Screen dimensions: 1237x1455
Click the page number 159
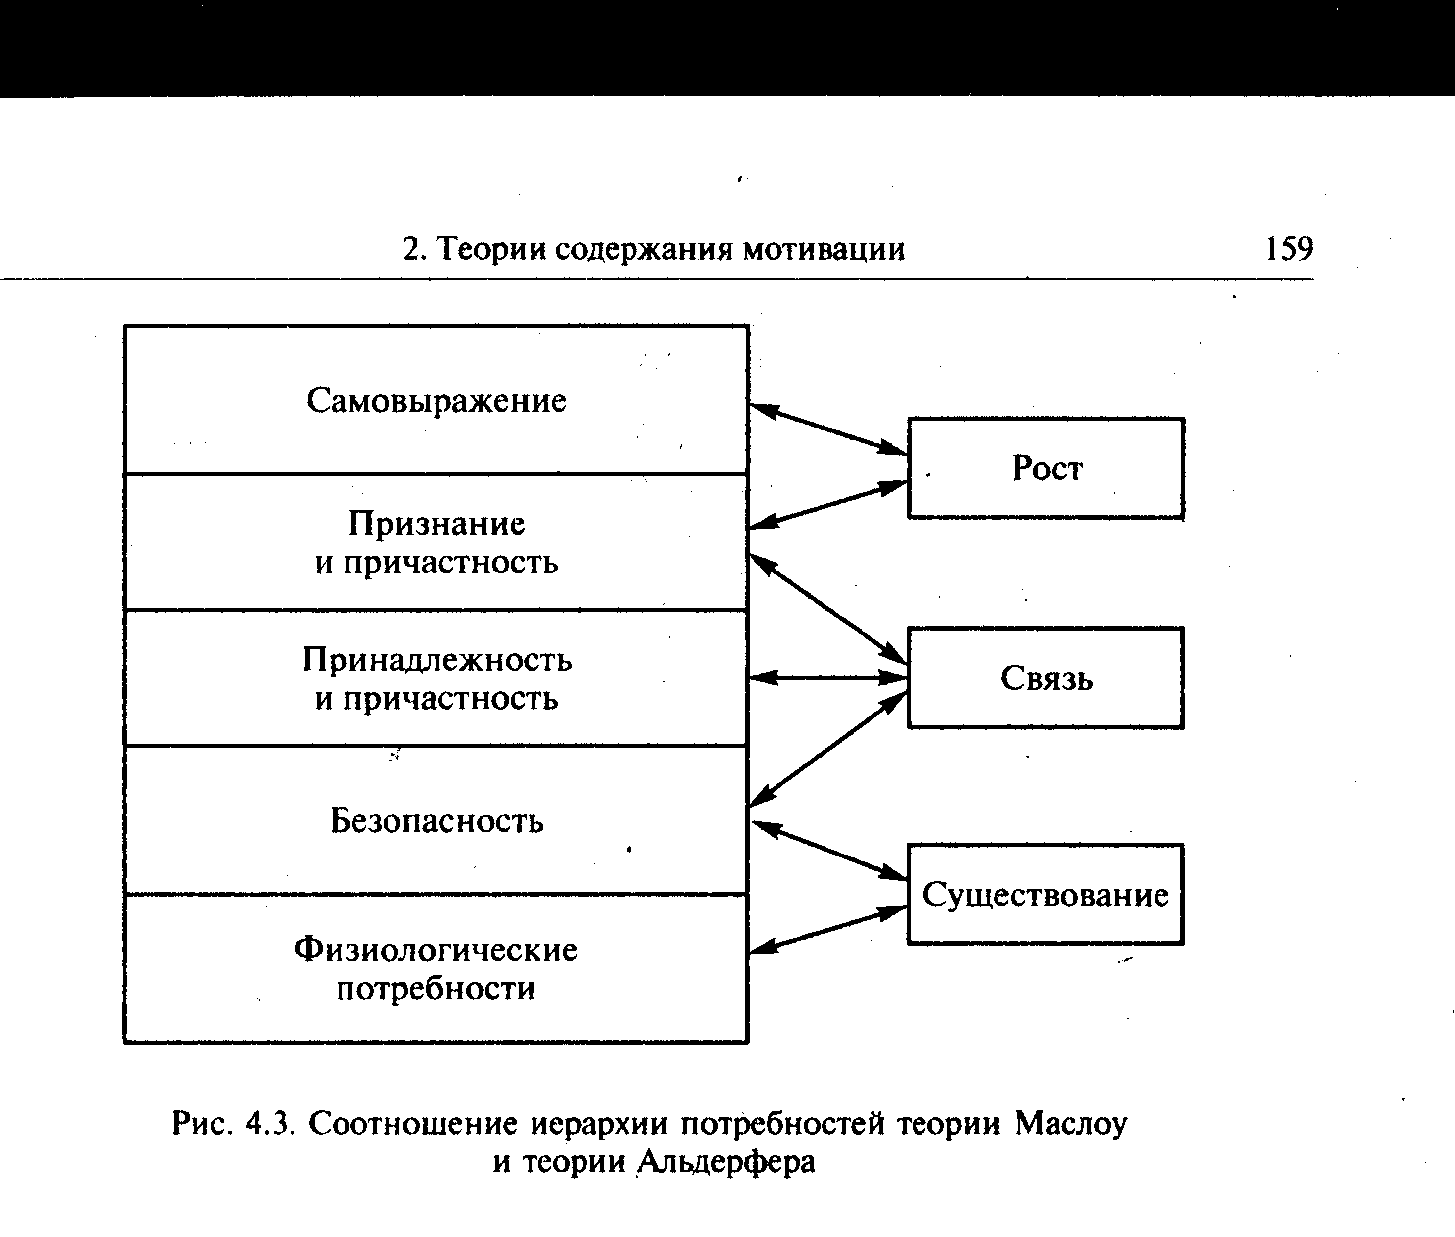pyautogui.click(x=1289, y=249)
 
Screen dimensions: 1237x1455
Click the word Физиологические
pyautogui.click(x=436, y=950)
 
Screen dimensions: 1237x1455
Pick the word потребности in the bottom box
pyautogui.click(x=436, y=989)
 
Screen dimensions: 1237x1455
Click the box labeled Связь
pyautogui.click(x=1046, y=678)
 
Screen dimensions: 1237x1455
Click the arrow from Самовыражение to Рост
pyautogui.click(x=828, y=429)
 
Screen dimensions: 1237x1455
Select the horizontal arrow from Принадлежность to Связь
pyautogui.click(x=828, y=678)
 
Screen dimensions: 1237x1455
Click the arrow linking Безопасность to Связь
pyautogui.click(x=828, y=748)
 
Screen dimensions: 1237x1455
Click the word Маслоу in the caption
pyautogui.click(x=1071, y=1124)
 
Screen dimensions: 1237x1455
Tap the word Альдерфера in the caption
pyautogui.click(x=727, y=1162)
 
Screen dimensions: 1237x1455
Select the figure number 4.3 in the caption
pyautogui.click(x=267, y=1124)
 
